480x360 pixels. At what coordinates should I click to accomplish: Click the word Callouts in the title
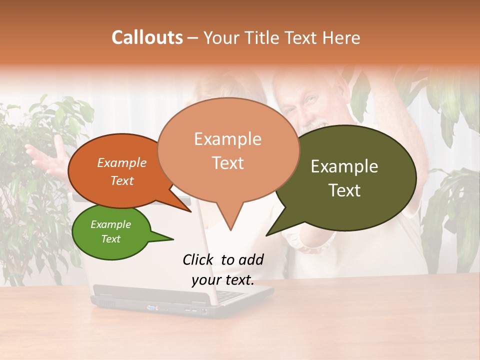coord(147,37)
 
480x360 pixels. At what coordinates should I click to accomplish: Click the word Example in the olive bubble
coord(344,166)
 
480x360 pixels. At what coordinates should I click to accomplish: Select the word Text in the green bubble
coord(111,239)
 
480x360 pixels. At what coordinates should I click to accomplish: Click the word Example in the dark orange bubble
coord(122,162)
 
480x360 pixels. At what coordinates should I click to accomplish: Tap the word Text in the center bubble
coord(228,163)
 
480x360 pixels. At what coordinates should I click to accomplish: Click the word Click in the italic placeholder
coord(198,259)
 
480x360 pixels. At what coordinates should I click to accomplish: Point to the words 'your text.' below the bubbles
coord(223,280)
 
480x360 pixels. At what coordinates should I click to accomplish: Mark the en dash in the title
coord(193,38)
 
